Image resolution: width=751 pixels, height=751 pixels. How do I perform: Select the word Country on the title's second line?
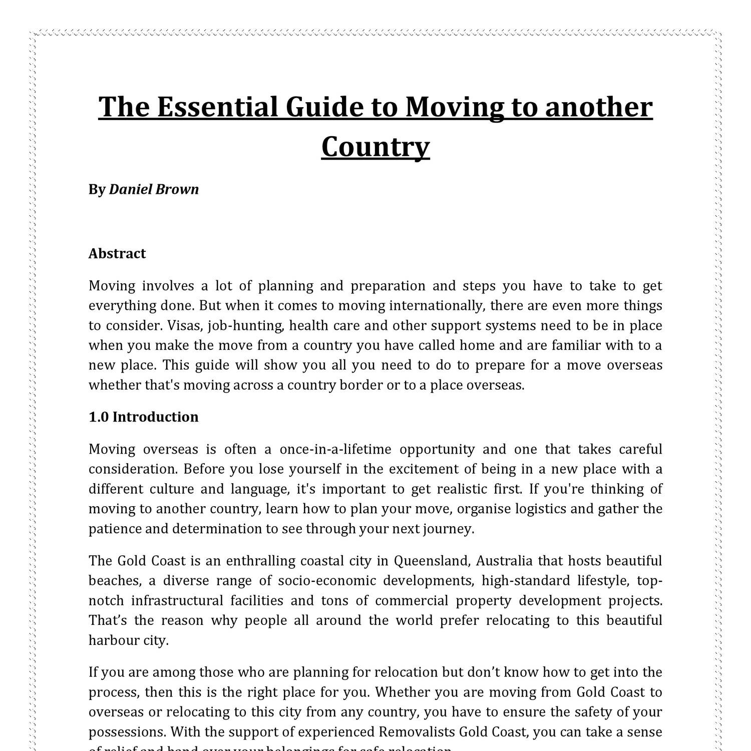click(x=375, y=147)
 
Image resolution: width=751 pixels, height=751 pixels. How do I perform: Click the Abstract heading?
click(x=117, y=253)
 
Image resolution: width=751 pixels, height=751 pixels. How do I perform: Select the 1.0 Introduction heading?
click(x=143, y=417)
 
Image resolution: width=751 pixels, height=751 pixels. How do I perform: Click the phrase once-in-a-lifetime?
click(x=335, y=449)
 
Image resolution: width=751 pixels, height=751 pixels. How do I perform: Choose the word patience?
click(x=112, y=529)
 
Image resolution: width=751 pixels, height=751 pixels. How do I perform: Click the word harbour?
click(x=113, y=640)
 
